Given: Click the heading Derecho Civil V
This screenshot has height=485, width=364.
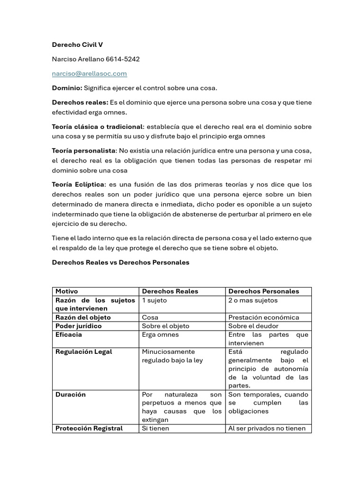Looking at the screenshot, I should (77, 45).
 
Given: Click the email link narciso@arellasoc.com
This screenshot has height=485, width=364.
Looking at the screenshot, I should (90, 73).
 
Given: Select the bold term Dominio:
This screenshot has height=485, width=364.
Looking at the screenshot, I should (67, 88).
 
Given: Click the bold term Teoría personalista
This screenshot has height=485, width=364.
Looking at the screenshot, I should (84, 151).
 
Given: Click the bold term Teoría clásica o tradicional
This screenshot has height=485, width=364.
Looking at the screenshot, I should (97, 127).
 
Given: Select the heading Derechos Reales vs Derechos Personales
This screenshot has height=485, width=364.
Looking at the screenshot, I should (120, 262).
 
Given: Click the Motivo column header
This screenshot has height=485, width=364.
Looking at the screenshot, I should (67, 291).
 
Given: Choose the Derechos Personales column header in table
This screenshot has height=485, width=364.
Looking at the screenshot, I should (264, 291).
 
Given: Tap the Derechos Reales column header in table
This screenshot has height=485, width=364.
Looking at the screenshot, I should (170, 291).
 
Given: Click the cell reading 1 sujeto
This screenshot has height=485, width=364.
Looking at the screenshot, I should (155, 300).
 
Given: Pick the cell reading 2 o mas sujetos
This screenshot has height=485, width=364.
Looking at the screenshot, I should (253, 300).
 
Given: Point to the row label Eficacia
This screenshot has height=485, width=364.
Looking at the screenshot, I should (69, 334).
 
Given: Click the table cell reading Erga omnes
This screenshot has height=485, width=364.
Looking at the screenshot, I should (161, 334).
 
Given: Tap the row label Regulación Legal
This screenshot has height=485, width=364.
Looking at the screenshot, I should (84, 351).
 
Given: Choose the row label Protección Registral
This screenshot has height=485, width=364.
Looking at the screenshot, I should (89, 428).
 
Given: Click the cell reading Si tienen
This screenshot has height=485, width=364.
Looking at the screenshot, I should (155, 428).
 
